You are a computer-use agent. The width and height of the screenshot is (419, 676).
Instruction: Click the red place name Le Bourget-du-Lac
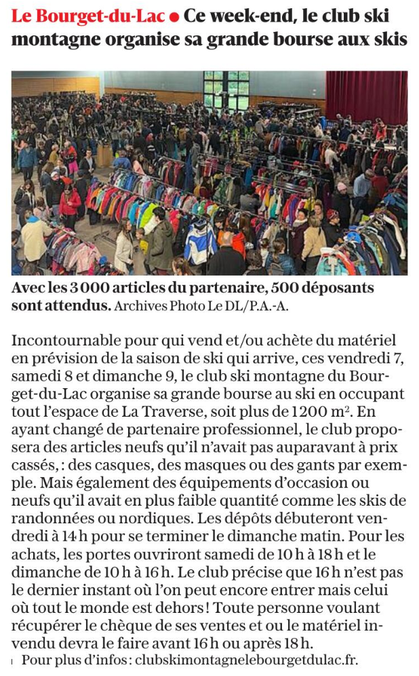tap(87, 14)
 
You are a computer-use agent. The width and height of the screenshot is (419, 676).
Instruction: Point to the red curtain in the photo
tap(366, 95)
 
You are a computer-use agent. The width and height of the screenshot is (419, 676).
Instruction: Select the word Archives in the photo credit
tap(140, 305)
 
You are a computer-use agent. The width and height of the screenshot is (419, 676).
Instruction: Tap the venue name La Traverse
tap(158, 412)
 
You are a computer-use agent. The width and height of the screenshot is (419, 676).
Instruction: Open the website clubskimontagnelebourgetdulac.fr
tap(247, 659)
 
